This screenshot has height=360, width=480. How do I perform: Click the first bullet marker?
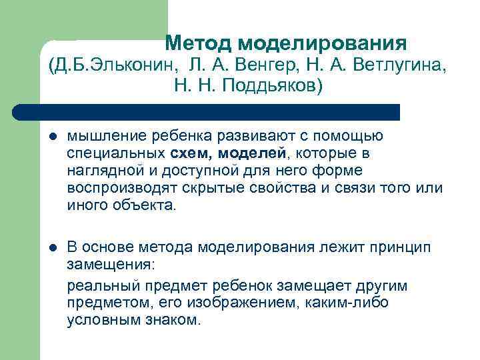click(x=53, y=139)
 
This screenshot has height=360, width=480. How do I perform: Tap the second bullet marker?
click(x=53, y=248)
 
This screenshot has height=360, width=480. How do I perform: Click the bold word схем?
click(x=177, y=154)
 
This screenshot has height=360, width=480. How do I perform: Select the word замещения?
click(x=110, y=264)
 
